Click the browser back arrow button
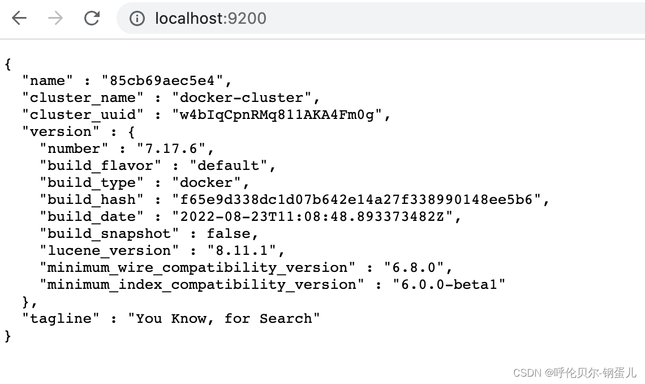click(19, 18)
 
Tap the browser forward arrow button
click(55, 18)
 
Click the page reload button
click(92, 18)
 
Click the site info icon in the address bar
click(137, 19)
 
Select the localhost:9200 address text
click(210, 19)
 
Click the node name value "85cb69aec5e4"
click(166, 80)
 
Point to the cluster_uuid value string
click(277, 114)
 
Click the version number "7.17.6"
click(175, 148)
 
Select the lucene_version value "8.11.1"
click(242, 250)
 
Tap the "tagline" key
click(61, 318)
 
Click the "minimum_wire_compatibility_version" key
click(197, 267)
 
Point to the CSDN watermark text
click(574, 372)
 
